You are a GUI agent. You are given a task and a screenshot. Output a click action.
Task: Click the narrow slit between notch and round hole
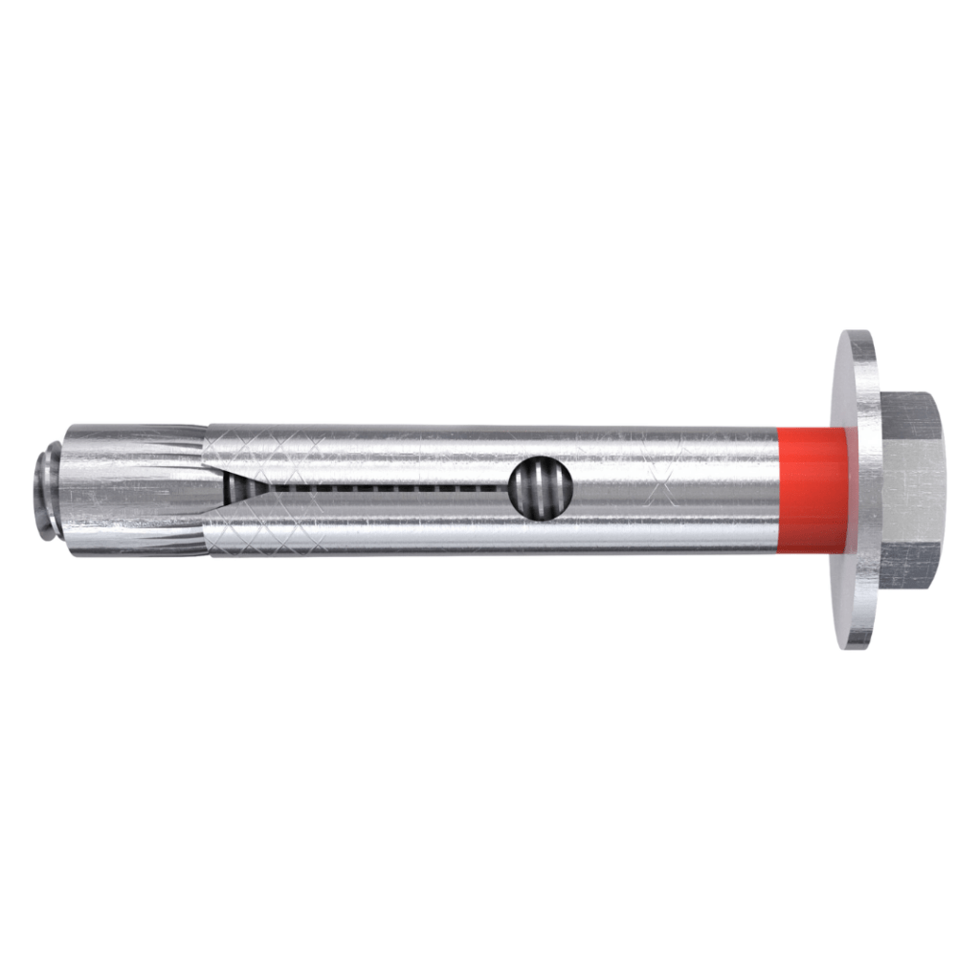[x=383, y=488]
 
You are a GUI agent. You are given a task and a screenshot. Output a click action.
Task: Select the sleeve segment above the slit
[x=383, y=455]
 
